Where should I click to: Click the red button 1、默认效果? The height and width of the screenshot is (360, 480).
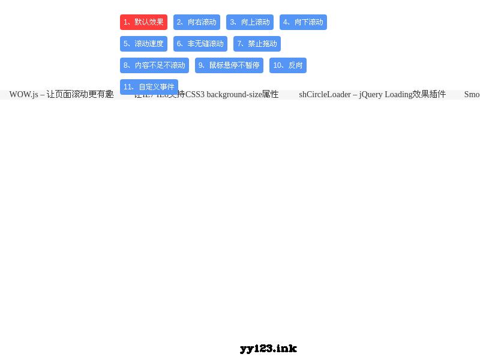click(x=143, y=22)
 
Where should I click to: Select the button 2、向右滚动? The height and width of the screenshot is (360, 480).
click(x=196, y=22)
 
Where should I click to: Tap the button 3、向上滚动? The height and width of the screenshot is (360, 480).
click(x=250, y=22)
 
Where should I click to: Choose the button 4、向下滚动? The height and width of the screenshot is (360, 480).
click(x=303, y=22)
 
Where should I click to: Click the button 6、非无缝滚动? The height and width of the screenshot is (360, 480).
click(x=200, y=44)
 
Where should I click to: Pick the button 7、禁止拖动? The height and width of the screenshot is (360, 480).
click(x=257, y=44)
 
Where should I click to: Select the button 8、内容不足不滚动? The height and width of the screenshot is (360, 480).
click(x=154, y=65)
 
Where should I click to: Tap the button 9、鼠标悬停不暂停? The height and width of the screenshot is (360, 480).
click(x=229, y=65)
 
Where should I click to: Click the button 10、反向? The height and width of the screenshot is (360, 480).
click(x=287, y=65)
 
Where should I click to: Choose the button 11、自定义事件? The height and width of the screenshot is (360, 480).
click(x=149, y=86)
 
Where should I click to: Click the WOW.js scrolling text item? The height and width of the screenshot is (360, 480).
click(x=61, y=95)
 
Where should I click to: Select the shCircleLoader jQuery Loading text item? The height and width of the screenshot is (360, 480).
click(x=372, y=95)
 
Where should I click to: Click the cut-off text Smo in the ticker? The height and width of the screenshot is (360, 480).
click(x=472, y=95)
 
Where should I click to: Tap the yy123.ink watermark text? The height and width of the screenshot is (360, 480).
click(x=268, y=349)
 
